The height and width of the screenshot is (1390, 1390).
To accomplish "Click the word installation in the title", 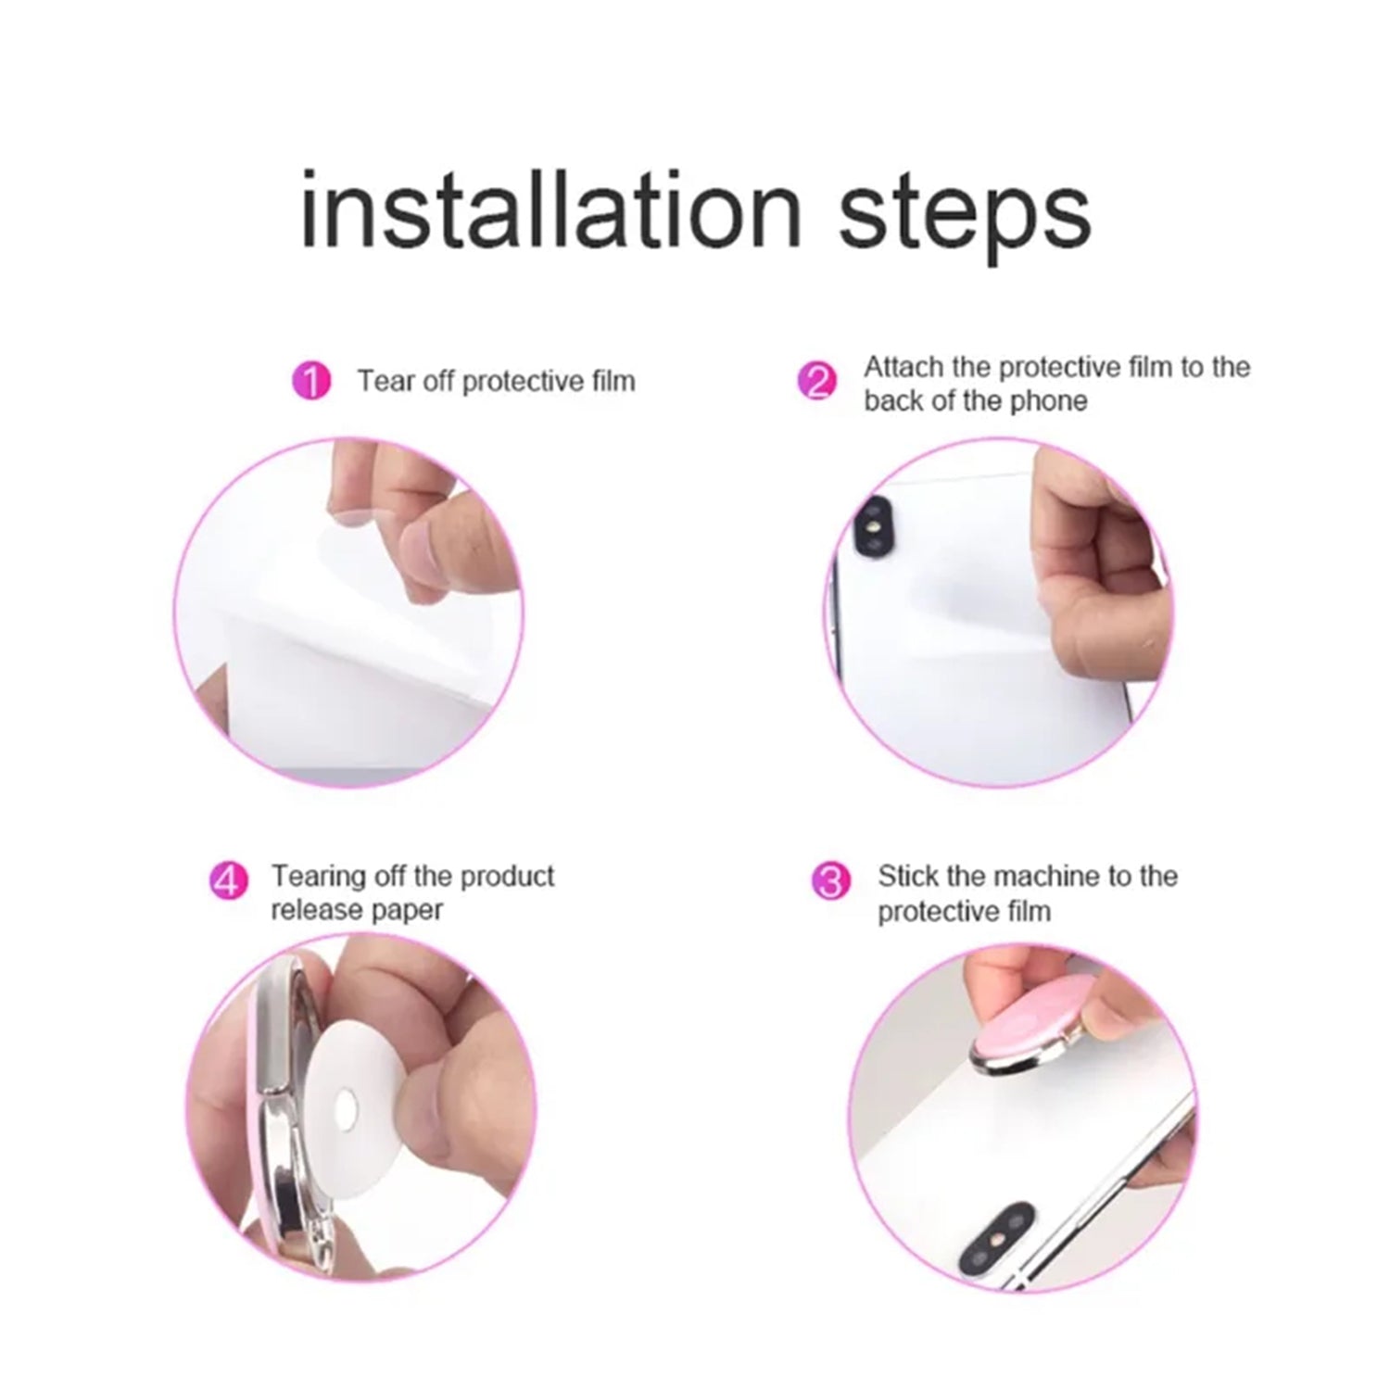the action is (x=551, y=209).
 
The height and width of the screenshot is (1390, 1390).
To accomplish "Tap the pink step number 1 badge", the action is (x=311, y=381).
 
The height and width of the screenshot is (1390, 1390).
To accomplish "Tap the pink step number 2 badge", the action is (x=817, y=381).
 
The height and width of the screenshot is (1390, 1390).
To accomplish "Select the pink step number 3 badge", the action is (x=830, y=880).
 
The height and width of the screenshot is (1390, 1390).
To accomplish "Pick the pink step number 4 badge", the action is (x=228, y=880).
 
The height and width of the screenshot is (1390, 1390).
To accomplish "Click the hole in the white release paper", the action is (x=347, y=1106).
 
